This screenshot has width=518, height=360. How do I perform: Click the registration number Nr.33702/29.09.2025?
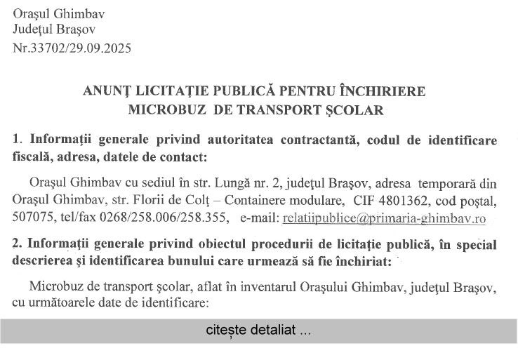point(72,48)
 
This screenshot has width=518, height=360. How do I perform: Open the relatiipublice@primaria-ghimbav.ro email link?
point(384,218)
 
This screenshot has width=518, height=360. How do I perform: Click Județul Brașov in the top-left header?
point(54,29)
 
